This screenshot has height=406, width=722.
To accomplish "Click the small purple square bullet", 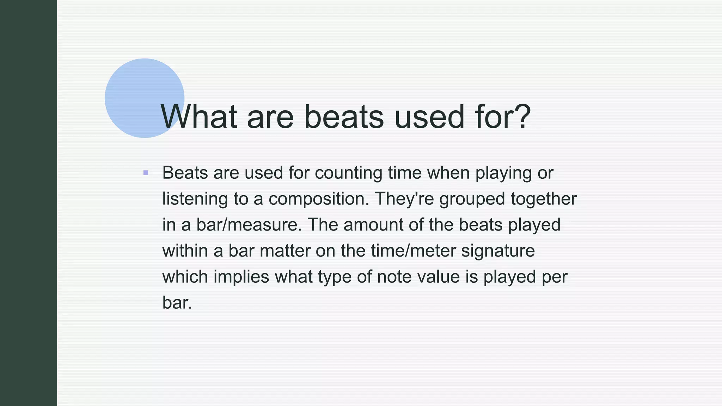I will click(146, 173).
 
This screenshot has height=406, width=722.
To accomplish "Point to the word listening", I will click(195, 199).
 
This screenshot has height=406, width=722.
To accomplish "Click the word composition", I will click(319, 199).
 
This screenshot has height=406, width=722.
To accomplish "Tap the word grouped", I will click(472, 199).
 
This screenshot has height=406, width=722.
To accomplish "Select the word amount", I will click(373, 225).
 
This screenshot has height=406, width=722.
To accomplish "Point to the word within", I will click(185, 251).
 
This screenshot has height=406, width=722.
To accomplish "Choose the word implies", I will click(241, 277).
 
